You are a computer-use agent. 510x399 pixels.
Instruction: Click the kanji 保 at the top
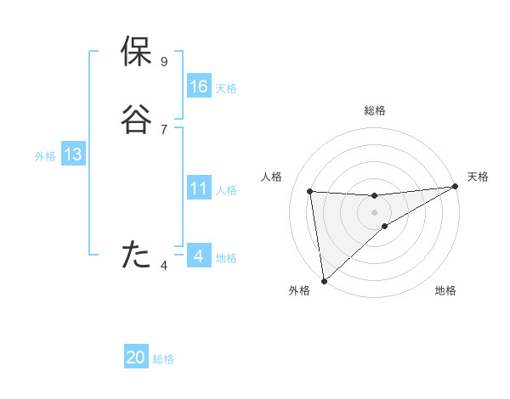click(137, 52)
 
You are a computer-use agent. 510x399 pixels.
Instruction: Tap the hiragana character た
click(137, 255)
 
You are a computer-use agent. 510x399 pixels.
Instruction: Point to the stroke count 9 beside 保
click(164, 62)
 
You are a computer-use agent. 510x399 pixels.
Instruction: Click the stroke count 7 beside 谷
click(164, 130)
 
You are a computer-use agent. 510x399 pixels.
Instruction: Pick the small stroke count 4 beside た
click(164, 266)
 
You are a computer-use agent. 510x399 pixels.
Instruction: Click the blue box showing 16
click(199, 87)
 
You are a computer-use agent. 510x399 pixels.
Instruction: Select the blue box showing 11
click(199, 188)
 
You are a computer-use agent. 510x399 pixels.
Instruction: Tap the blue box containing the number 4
click(199, 256)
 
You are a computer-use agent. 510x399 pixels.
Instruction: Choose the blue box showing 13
click(73, 155)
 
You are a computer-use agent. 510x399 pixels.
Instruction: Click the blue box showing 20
click(136, 357)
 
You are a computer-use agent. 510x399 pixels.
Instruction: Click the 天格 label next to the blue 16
click(226, 88)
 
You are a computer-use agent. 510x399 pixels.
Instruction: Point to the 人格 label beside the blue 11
click(226, 190)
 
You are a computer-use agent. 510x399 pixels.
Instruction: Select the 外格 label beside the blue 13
click(45, 156)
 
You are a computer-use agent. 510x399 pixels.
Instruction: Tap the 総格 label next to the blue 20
click(163, 359)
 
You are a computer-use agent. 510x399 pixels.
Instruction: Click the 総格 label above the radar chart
click(374, 110)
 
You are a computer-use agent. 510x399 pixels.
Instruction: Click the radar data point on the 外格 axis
click(324, 281)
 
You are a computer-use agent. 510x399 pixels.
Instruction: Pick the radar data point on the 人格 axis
click(310, 191)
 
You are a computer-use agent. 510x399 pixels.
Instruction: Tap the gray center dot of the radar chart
click(374, 211)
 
